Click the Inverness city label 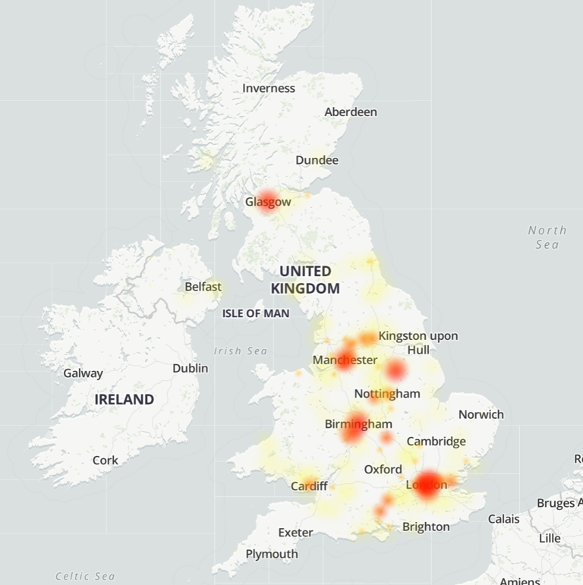tap(269, 88)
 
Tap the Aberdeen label tap(351, 112)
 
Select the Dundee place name tap(317, 160)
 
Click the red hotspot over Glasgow tap(266, 200)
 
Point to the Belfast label tap(203, 287)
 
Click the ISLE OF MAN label tap(256, 313)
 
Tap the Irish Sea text tap(241, 351)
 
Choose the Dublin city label tap(190, 367)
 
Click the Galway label tap(83, 373)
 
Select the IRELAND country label tap(124, 399)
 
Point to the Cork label tap(106, 460)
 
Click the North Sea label tap(547, 237)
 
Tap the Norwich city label tap(481, 414)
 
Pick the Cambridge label tap(436, 441)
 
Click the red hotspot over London tap(427, 485)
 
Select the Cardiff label tap(310, 486)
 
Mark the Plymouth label tap(272, 554)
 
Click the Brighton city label tap(426, 527)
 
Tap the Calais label tap(504, 519)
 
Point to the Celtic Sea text tap(85, 576)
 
